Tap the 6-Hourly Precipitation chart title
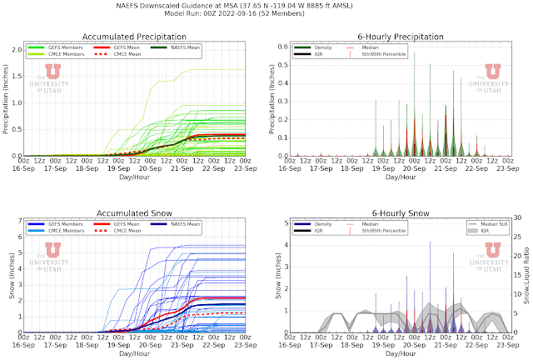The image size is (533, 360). (x=395, y=36)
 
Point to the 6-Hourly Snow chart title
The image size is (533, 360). (x=395, y=213)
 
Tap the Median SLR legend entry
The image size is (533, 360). (x=493, y=226)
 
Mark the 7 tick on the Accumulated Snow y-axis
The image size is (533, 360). (x=20, y=222)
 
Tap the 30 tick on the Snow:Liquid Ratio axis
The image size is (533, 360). (x=516, y=222)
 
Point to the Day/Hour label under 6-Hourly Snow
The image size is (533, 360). (x=396, y=354)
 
